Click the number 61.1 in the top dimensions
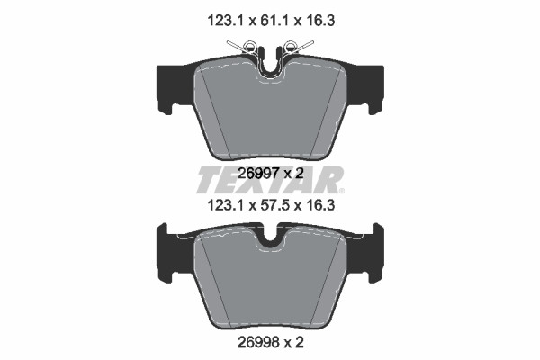272,21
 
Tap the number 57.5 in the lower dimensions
272,206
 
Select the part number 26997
256,174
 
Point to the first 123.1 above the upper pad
225,21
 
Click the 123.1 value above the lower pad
225,206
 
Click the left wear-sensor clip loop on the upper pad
249,46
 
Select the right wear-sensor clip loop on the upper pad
290,46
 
